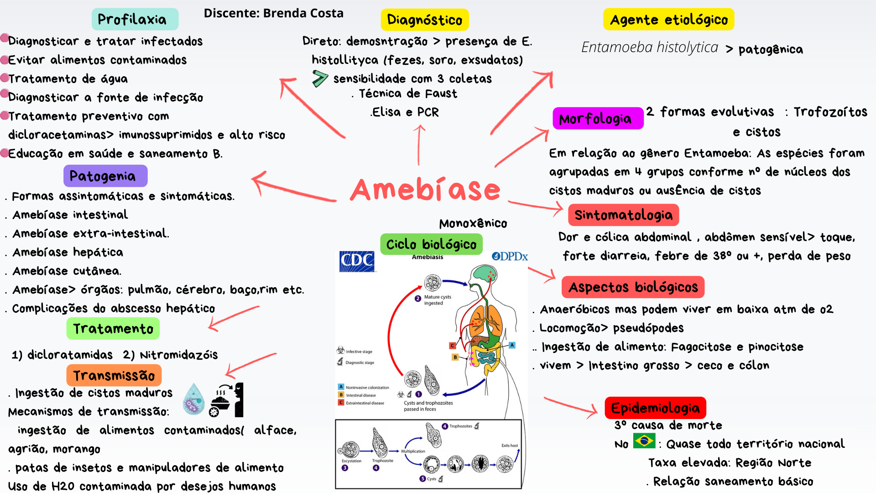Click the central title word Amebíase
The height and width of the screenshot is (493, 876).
[425, 190]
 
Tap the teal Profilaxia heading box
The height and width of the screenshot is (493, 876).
[135, 19]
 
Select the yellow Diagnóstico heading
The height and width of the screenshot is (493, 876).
[424, 20]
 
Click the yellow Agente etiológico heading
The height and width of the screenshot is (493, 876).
[668, 20]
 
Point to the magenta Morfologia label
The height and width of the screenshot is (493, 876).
[597, 119]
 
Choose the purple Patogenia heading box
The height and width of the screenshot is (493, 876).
[105, 176]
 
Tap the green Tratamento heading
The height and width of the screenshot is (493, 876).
[113, 329]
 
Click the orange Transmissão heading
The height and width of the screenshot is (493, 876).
[114, 375]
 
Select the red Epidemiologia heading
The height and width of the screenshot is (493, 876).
[655, 408]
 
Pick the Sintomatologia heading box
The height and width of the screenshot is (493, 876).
[623, 215]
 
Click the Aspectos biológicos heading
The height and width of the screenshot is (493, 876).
[633, 287]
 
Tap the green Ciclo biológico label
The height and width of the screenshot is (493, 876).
[431, 244]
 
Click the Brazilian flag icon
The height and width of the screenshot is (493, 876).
[644, 441]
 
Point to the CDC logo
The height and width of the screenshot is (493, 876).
[357, 261]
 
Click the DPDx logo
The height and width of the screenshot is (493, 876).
[510, 257]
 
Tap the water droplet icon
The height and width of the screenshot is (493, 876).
[194, 399]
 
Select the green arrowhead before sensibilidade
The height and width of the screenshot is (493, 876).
[320, 79]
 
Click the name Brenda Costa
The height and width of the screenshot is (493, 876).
[303, 13]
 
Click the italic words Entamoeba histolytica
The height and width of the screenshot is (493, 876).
[649, 47]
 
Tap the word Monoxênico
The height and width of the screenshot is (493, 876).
[473, 223]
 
